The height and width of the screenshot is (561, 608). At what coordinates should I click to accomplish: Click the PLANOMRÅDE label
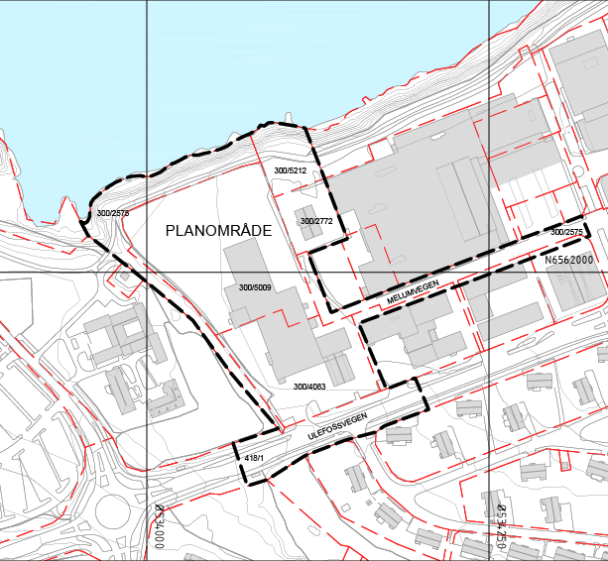coord(218,230)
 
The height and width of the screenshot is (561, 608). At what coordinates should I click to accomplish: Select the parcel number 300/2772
coord(316,220)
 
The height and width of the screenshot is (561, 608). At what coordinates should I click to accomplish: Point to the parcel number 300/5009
coord(255,288)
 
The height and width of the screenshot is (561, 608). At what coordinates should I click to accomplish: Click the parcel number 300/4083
coord(309,386)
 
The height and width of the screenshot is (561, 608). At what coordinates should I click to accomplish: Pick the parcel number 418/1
coord(254,457)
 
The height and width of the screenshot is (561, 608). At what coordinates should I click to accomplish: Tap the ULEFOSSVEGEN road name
coord(337,424)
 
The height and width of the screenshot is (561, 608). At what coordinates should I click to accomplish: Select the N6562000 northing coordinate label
coord(568,260)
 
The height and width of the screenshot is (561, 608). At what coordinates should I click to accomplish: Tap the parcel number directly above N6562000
coord(566,232)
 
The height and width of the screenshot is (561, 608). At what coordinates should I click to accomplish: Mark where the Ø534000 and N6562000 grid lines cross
coord(147,272)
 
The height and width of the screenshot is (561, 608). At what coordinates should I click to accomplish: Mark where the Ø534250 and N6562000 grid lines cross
coord(489,272)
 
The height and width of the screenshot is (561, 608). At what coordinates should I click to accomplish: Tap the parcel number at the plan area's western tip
coord(113,213)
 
